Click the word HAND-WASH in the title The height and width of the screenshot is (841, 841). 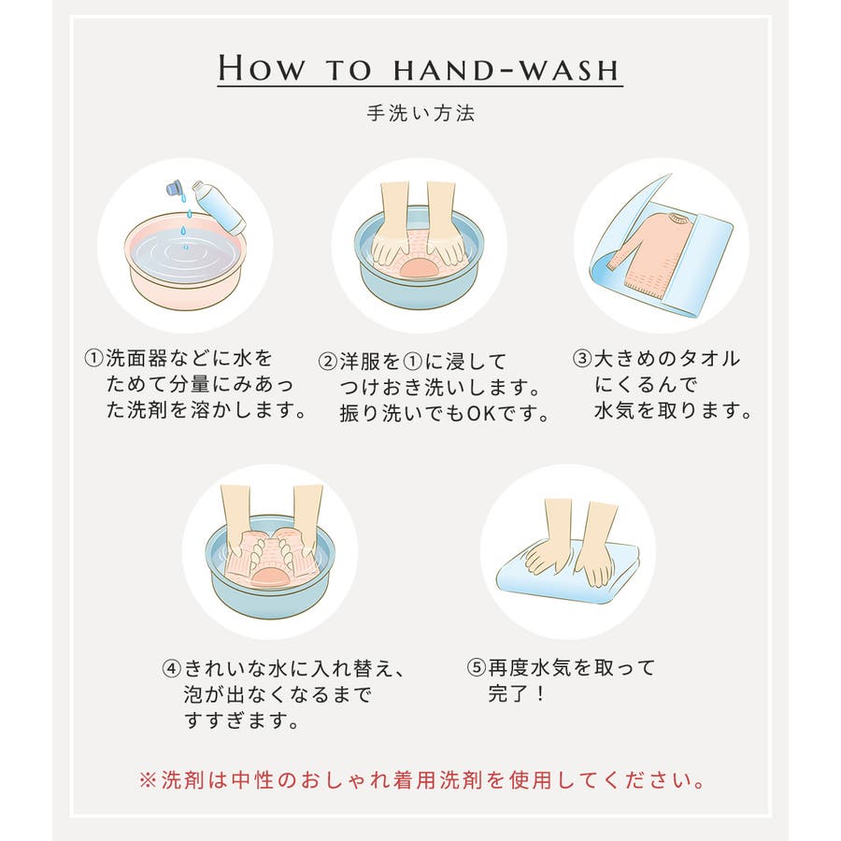click(x=506, y=70)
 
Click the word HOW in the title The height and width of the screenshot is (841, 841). click(x=262, y=68)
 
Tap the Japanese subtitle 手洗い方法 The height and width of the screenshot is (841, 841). click(x=420, y=113)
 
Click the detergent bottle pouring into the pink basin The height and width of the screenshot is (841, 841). click(x=220, y=207)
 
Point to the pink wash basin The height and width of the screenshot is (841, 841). click(x=185, y=262)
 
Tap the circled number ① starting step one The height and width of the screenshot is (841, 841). click(x=93, y=358)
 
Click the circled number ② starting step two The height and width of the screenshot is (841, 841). click(x=327, y=361)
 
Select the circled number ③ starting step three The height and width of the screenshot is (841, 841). click(x=582, y=358)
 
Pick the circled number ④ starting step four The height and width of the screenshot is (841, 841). click(x=172, y=669)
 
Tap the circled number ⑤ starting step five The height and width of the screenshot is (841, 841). click(x=477, y=668)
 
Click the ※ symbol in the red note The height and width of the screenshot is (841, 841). click(x=148, y=780)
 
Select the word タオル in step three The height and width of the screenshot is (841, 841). click(x=710, y=358)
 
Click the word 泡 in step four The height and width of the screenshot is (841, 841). click(x=193, y=695)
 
